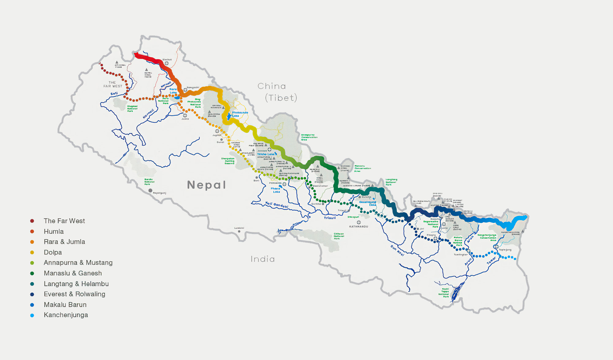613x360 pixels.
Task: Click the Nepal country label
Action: [206, 185]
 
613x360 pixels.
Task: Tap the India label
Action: [263, 259]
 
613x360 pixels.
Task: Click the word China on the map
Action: [272, 86]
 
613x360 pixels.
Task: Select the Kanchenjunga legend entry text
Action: [66, 315]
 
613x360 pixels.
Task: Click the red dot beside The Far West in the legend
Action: [32, 221]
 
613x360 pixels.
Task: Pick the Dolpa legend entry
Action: [53, 252]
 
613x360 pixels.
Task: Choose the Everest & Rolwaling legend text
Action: [74, 294]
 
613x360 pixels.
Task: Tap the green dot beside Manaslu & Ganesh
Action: [32, 274]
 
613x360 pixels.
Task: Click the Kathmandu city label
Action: [359, 227]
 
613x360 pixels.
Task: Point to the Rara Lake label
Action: [173, 91]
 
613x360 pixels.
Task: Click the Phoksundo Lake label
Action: [240, 114]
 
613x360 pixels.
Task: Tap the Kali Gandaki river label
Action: [277, 205]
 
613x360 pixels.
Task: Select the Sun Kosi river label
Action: [397, 250]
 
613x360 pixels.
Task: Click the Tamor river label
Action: [491, 261]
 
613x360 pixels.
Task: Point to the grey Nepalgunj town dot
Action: [150, 190]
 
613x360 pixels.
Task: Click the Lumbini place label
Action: [239, 228]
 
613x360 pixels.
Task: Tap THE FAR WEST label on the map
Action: [113, 84]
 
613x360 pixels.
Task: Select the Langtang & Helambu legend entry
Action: [76, 284]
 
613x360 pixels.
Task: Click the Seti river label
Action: [114, 94]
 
